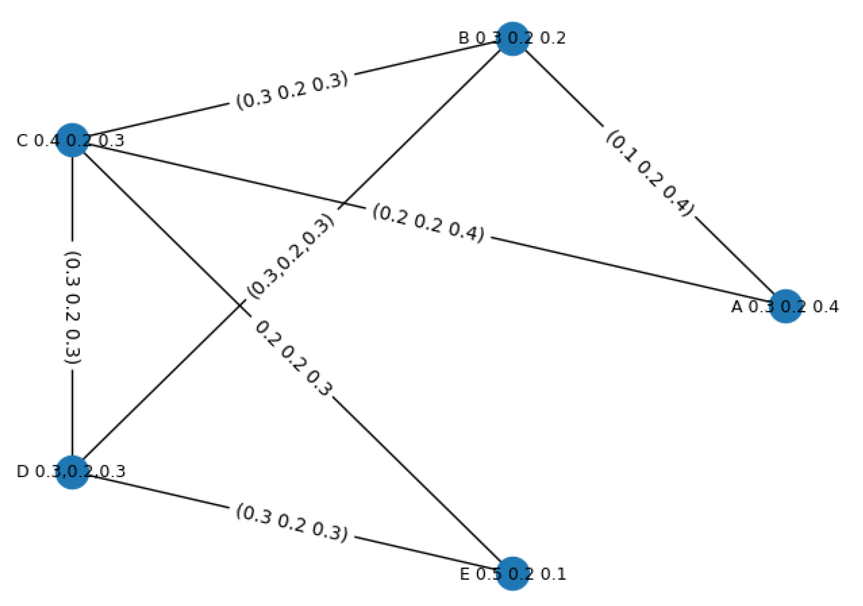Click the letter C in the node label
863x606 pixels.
(22, 140)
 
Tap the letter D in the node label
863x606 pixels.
(22, 471)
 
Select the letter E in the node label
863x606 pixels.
(465, 574)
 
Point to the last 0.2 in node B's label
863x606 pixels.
(553, 38)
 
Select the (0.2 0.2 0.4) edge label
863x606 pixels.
(428, 223)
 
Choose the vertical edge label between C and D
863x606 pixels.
(72, 307)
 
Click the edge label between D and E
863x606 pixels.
(292, 522)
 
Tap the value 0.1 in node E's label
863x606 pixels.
(554, 574)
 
